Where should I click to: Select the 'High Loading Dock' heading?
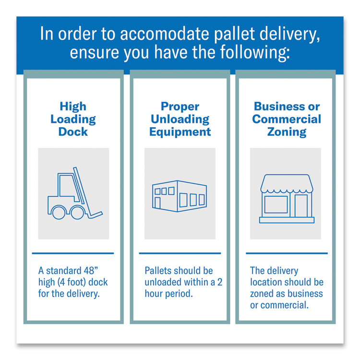(x=73, y=119)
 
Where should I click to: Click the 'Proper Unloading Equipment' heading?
(x=180, y=119)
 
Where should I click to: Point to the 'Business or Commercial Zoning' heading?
(x=287, y=119)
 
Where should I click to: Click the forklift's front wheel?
(x=77, y=212)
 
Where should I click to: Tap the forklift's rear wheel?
(x=59, y=212)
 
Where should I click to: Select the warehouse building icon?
(x=180, y=196)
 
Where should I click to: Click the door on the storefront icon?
(x=301, y=206)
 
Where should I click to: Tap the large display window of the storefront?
(x=276, y=204)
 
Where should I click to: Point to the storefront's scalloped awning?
(x=287, y=183)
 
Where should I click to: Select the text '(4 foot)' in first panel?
(x=72, y=282)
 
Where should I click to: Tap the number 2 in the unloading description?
(x=220, y=282)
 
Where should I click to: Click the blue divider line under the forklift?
(x=73, y=253)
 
